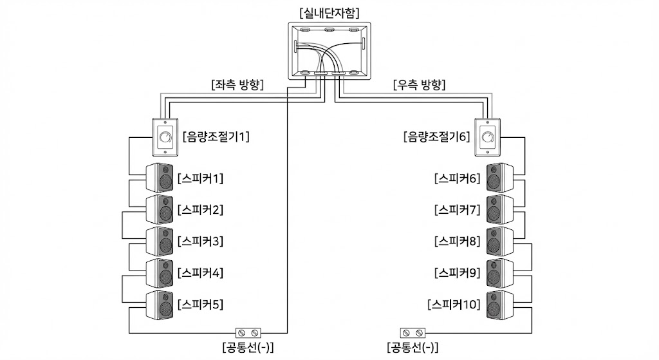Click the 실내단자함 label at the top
329,12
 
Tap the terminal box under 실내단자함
329,50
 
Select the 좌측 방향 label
237,84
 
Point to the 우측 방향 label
419,84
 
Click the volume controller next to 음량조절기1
165,137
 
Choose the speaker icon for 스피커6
498,178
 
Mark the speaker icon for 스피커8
498,242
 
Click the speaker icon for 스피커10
498,305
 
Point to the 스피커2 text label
200,210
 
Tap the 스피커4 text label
200,273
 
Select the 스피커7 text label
457,210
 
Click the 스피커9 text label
457,273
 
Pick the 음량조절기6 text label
436,137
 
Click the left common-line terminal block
248,332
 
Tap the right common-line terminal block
412,332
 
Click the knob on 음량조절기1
165,137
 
